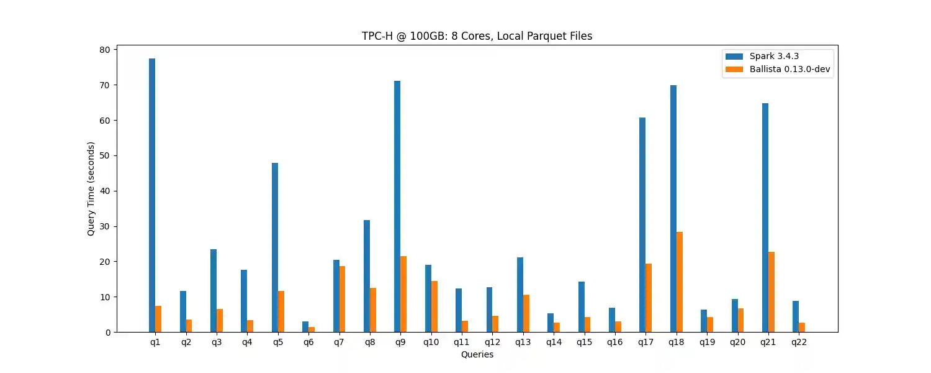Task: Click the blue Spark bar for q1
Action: pos(152,195)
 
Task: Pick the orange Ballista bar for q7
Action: pos(342,299)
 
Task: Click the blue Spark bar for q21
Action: pos(765,218)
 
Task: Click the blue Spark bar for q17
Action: pos(642,224)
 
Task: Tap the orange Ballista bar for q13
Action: pos(526,313)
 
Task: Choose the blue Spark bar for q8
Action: pos(367,276)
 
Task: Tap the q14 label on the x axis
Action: pos(554,343)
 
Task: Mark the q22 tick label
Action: pos(799,343)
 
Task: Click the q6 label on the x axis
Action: pos(308,343)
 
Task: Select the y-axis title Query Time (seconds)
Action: pos(91,188)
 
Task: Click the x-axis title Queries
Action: pos(477,354)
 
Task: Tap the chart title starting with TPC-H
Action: pos(477,36)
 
